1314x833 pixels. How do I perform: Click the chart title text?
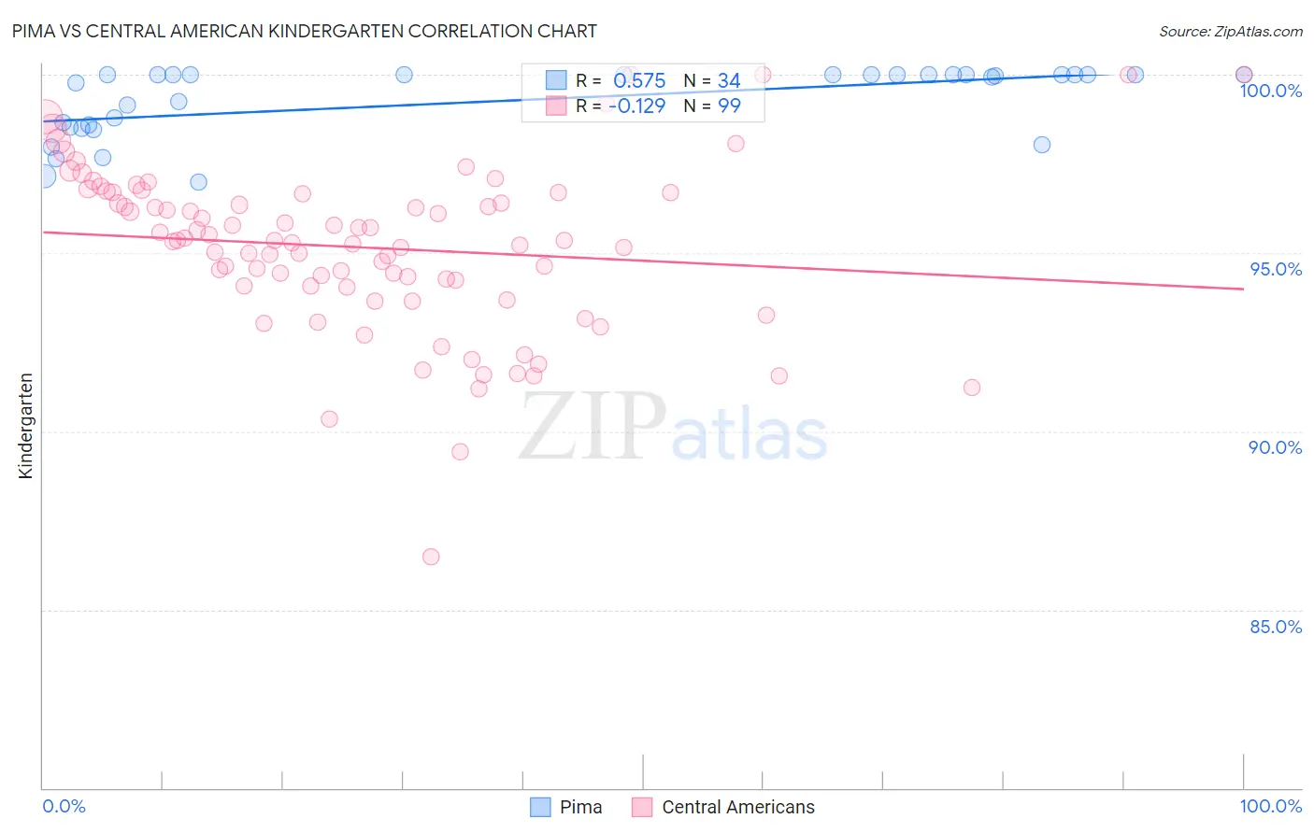pos(305,31)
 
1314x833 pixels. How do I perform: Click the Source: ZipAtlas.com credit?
pos(1230,31)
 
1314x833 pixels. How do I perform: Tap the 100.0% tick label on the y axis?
pos(1270,91)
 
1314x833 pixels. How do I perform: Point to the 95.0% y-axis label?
pos(1276,269)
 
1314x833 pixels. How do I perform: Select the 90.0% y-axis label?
pos(1275,447)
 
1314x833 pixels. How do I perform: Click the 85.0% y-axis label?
pos(1276,627)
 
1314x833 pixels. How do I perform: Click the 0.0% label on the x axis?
pos(64,806)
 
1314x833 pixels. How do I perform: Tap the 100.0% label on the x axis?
pos(1270,806)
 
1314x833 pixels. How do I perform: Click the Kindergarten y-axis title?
pos(25,426)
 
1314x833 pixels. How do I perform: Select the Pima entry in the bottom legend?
pos(580,807)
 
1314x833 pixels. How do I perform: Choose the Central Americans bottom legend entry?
pos(737,807)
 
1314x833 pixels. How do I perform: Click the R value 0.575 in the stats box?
pos(639,81)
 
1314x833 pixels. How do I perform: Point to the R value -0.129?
pos(636,106)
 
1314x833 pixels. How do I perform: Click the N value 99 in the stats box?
pos(729,106)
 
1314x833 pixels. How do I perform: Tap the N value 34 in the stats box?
pos(729,81)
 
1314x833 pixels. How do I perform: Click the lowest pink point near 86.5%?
pos(431,557)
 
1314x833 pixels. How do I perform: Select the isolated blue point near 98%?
pos(1042,145)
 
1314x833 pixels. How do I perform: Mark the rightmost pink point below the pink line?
pos(972,388)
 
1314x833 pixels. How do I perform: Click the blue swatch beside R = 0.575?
pos(556,80)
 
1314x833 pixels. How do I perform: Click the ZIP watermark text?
pos(593,427)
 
